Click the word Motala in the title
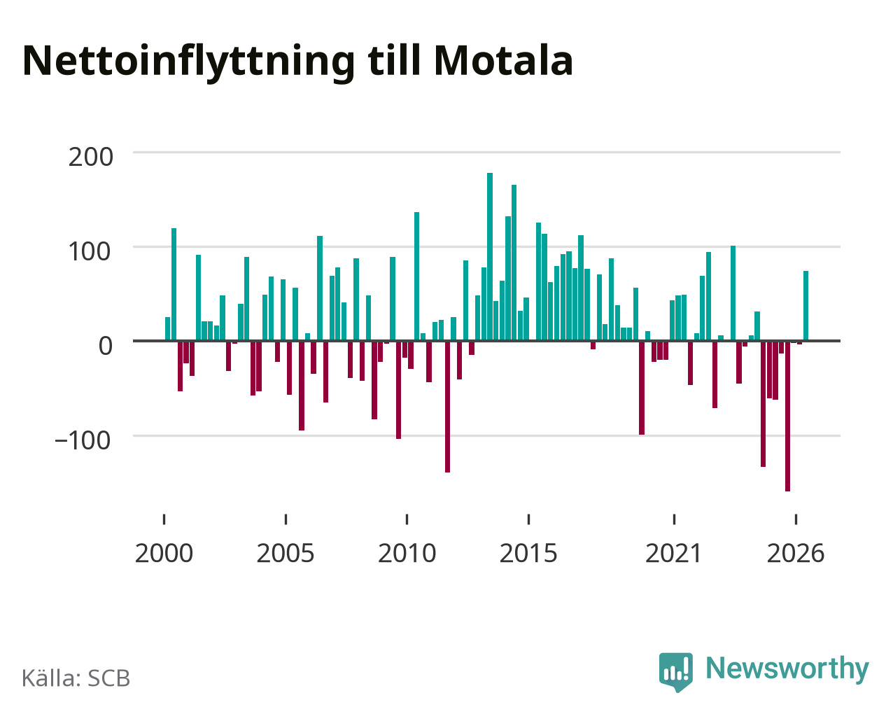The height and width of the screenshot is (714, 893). (503, 61)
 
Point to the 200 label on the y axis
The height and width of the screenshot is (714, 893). (90, 157)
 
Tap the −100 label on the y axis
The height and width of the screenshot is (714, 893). (83, 440)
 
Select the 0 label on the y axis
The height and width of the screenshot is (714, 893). (106, 346)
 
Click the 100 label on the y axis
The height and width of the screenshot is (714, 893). (90, 251)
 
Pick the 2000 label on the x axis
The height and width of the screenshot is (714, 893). (164, 553)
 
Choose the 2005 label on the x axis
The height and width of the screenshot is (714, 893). (286, 553)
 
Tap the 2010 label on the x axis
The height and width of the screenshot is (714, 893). (407, 553)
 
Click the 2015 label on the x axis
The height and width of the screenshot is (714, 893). (528, 553)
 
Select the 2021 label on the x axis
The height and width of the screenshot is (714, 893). (673, 553)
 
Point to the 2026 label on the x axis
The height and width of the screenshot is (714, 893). (796, 553)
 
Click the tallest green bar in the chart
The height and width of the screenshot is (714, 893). (490, 256)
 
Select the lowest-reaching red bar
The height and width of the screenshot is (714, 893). (787, 416)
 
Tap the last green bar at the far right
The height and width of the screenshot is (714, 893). (806, 306)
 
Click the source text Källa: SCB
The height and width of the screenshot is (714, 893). (76, 678)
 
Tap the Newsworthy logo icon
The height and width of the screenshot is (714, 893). (676, 672)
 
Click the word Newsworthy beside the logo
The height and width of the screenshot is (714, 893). (787, 668)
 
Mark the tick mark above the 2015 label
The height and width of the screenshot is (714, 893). (528, 519)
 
